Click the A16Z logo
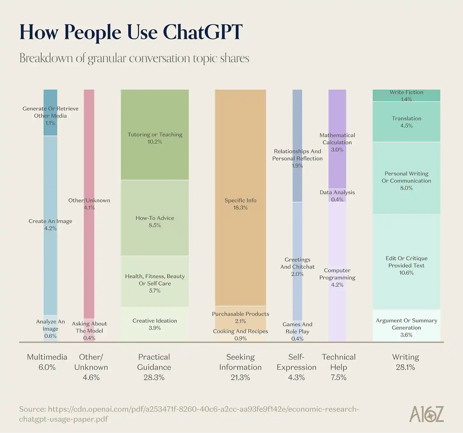point(426,414)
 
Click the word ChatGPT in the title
point(203,32)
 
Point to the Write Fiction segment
point(406,95)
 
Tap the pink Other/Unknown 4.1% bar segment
point(89,204)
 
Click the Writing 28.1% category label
point(405,362)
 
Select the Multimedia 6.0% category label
point(47,362)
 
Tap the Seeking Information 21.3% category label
point(240,367)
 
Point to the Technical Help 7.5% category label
point(338,367)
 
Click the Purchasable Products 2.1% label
point(240,317)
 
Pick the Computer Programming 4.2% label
point(337,277)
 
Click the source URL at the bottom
point(189,414)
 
